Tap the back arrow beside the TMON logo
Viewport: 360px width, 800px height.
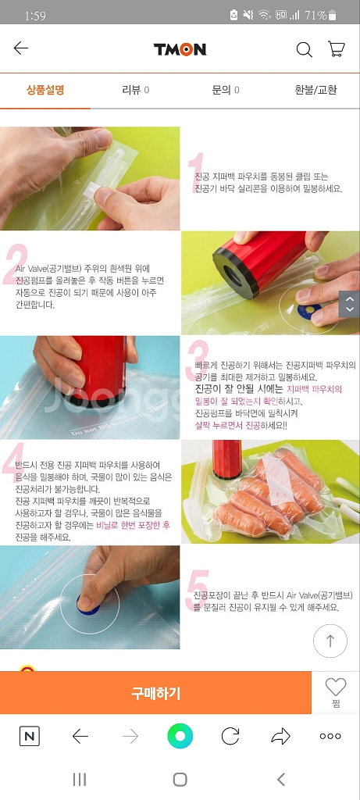(21, 48)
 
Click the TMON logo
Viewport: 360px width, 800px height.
(180, 49)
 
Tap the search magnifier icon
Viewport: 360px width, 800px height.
(305, 49)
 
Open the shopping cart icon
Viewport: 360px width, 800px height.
(337, 49)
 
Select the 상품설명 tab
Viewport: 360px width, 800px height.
(45, 91)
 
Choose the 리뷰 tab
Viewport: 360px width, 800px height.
(136, 91)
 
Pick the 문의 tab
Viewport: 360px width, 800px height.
(226, 91)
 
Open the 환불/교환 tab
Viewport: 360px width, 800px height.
(315, 91)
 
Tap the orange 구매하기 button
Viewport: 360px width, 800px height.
(155, 693)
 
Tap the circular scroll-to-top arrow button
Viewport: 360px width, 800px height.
(330, 641)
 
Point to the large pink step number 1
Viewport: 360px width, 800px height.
(196, 172)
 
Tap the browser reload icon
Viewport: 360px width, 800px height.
(230, 736)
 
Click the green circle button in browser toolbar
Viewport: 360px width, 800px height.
(180, 736)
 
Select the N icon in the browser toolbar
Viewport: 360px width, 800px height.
(30, 736)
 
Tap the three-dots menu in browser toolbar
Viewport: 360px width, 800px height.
(330, 736)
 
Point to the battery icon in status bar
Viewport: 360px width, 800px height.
(333, 16)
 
